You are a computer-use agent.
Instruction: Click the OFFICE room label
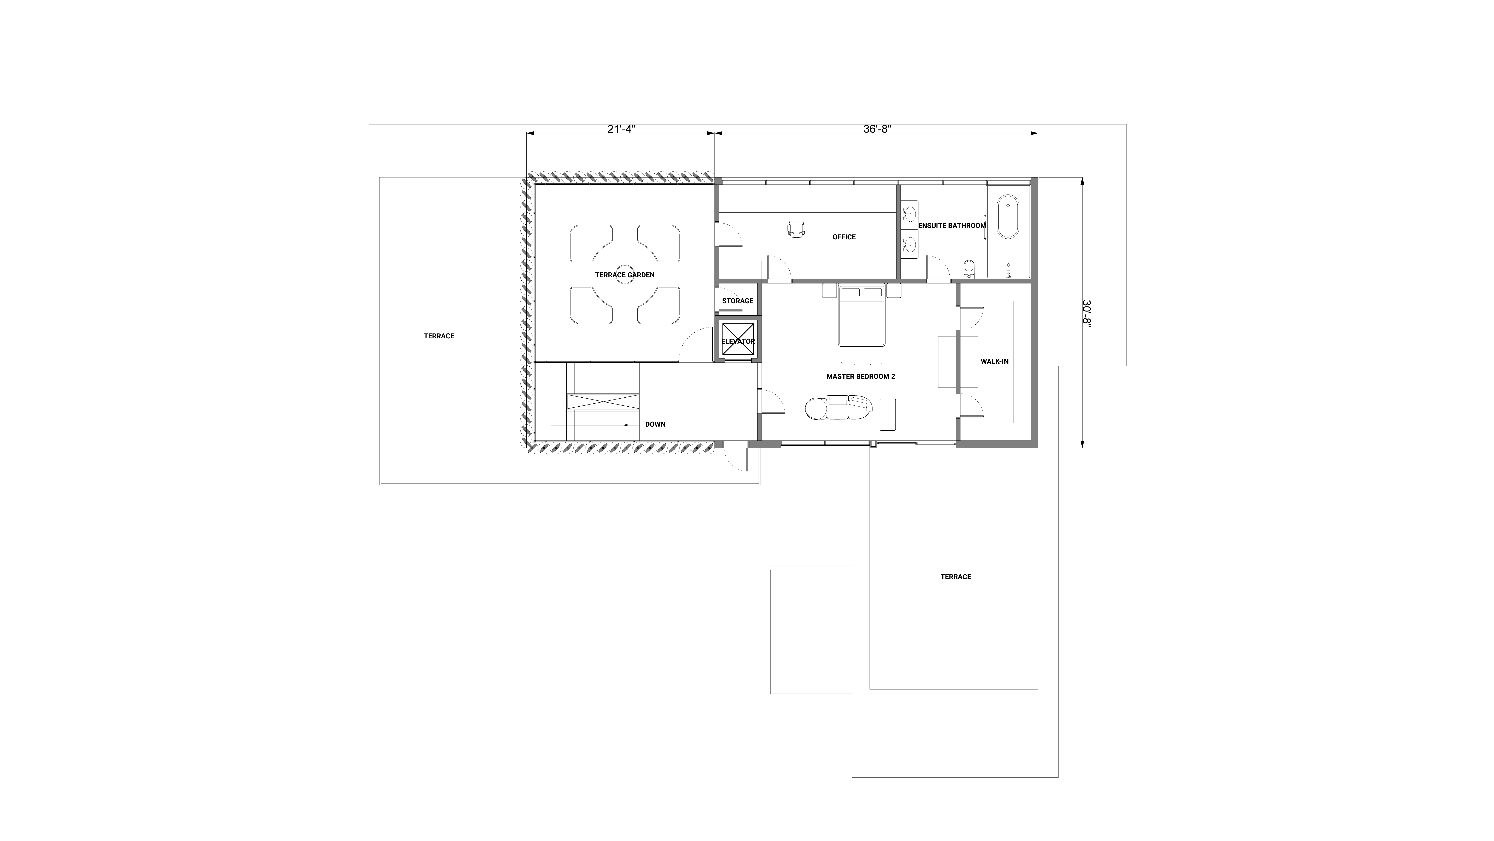(x=844, y=237)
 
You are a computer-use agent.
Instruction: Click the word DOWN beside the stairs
(x=655, y=424)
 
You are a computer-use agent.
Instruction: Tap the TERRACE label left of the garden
(x=439, y=336)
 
